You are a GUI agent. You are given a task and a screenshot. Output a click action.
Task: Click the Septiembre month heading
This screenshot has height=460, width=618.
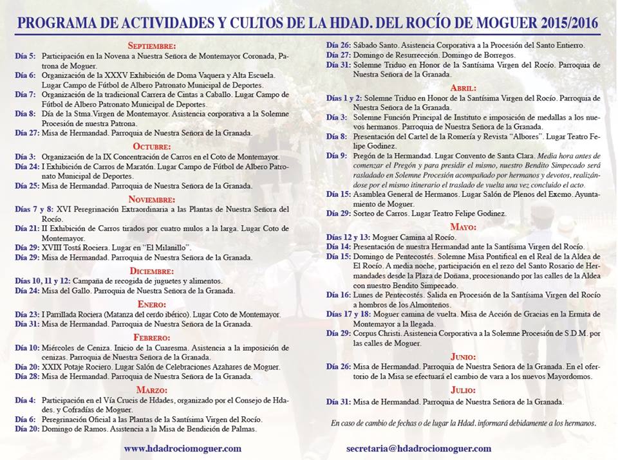152,46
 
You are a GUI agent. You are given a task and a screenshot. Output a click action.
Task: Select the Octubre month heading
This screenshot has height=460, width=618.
152,147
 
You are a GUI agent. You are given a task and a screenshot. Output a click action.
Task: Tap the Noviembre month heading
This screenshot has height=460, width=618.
152,199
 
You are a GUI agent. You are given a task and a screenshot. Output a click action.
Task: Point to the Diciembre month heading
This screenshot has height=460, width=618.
152,271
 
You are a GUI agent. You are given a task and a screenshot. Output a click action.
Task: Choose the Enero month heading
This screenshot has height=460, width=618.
152,304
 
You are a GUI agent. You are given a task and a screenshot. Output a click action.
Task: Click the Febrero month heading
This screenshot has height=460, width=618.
152,337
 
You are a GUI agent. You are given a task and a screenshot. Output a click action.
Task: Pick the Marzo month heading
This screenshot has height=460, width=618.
152,390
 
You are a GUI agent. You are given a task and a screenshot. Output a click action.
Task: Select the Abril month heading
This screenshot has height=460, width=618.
464,87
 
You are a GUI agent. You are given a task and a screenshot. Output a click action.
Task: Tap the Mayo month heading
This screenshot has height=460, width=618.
464,227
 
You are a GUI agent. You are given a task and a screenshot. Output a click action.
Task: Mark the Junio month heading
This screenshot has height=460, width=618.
464,356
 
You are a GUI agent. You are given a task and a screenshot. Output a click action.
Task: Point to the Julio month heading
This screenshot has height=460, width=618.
464,390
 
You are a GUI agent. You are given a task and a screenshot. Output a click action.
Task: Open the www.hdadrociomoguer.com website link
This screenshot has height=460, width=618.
183,448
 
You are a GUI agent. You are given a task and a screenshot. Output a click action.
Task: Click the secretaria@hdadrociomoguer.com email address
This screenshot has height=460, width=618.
418,448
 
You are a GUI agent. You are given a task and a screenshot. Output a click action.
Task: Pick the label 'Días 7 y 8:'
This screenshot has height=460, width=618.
35,209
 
